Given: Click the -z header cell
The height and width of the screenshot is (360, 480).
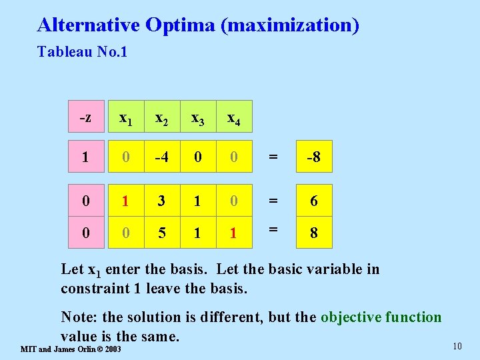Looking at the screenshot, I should coord(85,118).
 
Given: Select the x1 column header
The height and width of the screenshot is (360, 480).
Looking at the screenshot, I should coord(125,118).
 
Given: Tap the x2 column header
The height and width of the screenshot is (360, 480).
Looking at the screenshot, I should coord(161,118).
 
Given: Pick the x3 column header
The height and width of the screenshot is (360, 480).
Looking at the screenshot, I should coord(197,118).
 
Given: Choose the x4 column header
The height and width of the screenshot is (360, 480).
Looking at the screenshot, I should coord(234,118).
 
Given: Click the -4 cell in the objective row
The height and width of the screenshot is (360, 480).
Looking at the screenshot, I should coord(161,158).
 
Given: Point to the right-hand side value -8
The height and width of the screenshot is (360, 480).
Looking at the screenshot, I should coord(313,158).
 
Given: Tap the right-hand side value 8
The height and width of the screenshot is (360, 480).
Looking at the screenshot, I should coord(313,233).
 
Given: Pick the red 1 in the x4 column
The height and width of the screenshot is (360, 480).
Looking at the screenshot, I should coord(234,233).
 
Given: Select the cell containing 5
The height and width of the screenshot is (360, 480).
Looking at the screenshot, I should coord(161,233).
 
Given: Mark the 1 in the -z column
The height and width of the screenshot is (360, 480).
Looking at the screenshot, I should coord(85,158).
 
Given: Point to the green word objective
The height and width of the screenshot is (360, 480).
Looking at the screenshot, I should coord(351,317).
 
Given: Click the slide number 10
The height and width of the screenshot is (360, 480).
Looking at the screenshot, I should coord(457,345).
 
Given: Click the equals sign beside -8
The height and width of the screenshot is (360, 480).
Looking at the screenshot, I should coord(271,158).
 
